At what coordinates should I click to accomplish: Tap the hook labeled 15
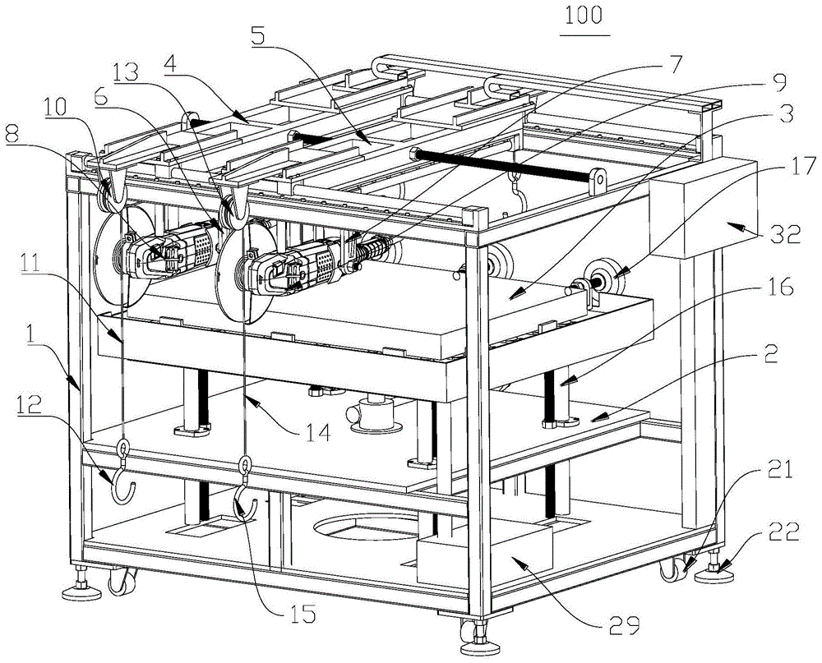click(245, 503)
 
